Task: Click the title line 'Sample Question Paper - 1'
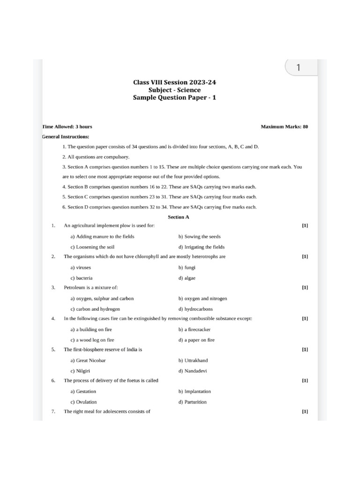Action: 175,97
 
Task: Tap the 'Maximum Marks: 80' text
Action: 284,127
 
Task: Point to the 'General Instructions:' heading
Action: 65,136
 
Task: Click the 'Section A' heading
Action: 179,217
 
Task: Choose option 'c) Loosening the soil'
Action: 92,247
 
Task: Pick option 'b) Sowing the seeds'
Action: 199,237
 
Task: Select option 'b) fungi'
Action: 187,268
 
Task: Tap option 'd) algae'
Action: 187,278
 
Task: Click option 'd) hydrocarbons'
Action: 195,309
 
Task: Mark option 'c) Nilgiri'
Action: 80,371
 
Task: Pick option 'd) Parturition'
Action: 192,402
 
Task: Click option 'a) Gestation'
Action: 83,391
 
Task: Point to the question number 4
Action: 53,319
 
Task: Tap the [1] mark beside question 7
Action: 305,412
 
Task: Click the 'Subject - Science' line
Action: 175,90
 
